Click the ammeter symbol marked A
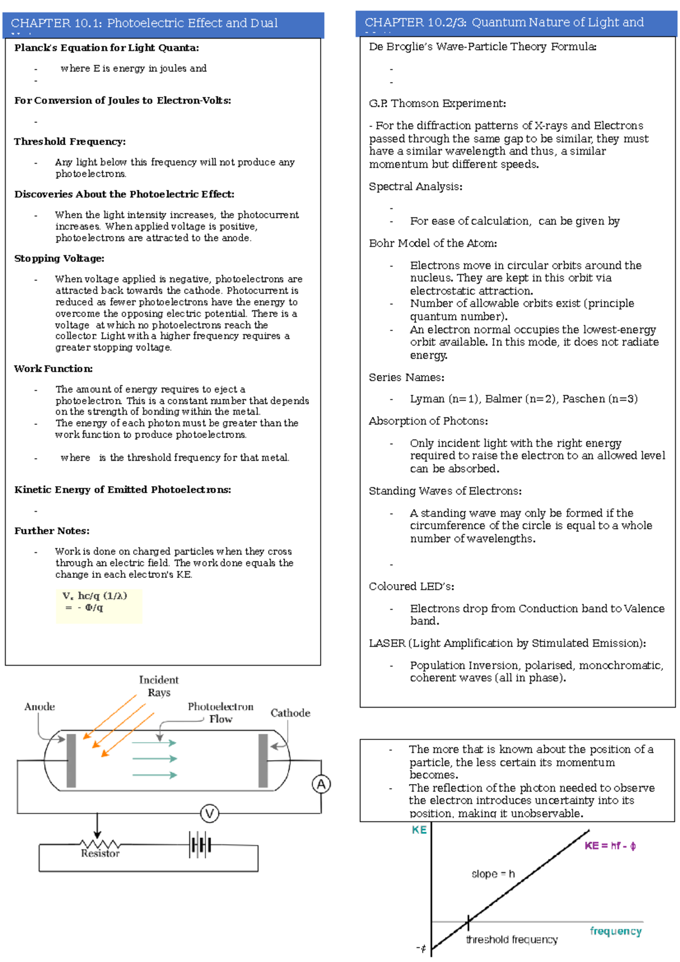[x=321, y=784]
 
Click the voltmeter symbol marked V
[x=210, y=814]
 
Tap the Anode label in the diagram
[x=40, y=706]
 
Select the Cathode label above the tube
[x=290, y=713]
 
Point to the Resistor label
[x=100, y=853]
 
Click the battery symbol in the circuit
[x=201, y=845]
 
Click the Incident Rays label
[x=159, y=686]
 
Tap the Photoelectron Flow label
[x=220, y=713]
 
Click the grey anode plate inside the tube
[x=71, y=760]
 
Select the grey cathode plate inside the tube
[x=263, y=760]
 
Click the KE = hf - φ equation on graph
[x=610, y=846]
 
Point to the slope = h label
[x=493, y=874]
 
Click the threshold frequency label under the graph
[x=512, y=940]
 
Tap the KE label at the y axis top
[x=419, y=830]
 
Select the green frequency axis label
[x=615, y=931]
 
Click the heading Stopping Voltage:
[x=59, y=258]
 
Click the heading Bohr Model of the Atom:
[x=433, y=243]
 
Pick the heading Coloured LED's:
[x=411, y=586]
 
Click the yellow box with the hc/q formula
[x=99, y=606]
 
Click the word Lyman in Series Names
[x=427, y=399]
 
